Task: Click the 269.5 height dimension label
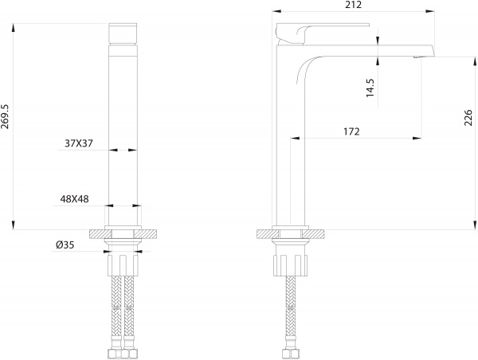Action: tap(6, 116)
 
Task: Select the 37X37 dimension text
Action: tap(79, 143)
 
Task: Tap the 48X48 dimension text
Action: tap(74, 199)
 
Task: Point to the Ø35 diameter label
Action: tap(65, 245)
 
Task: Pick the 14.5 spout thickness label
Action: tap(370, 88)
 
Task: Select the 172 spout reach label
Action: tap(351, 131)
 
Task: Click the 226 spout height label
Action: tap(468, 117)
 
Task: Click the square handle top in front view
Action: tap(123, 33)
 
